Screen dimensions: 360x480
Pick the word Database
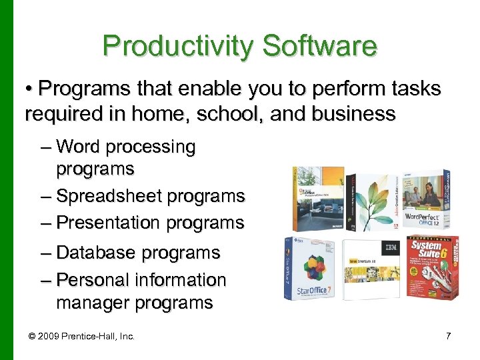(x=95, y=253)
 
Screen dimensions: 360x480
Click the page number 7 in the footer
(x=448, y=336)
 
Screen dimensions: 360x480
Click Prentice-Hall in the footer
(x=93, y=336)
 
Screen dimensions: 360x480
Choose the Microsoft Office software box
(x=317, y=198)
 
